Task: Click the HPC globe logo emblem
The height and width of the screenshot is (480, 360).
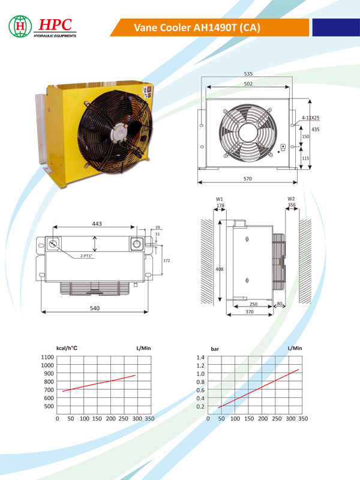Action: (x=20, y=26)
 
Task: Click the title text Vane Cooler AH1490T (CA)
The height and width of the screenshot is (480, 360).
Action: (x=197, y=28)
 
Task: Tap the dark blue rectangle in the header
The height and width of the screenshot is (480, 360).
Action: (x=336, y=27)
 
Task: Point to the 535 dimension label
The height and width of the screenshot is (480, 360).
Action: (x=248, y=74)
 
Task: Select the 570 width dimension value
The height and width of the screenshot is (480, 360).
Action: (x=248, y=179)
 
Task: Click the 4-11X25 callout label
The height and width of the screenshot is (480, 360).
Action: (x=310, y=118)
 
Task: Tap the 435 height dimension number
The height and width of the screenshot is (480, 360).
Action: (x=316, y=130)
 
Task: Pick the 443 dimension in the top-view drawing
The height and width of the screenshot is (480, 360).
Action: (x=97, y=224)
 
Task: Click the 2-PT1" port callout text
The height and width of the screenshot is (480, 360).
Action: (x=86, y=256)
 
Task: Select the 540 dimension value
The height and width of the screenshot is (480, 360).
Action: (x=95, y=308)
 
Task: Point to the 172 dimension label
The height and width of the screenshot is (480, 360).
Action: (x=167, y=260)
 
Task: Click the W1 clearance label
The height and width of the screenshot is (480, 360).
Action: (x=220, y=199)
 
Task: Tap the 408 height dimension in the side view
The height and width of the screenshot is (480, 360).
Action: (x=220, y=269)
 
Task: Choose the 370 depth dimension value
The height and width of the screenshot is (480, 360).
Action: (x=250, y=311)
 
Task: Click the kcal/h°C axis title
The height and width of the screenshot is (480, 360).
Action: (x=67, y=348)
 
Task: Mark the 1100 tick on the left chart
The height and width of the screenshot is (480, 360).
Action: (x=47, y=357)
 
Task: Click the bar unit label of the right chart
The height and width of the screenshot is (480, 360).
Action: (x=215, y=349)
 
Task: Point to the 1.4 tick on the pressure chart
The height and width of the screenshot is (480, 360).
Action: (x=200, y=357)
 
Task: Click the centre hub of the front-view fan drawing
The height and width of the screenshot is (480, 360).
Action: (x=248, y=133)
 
